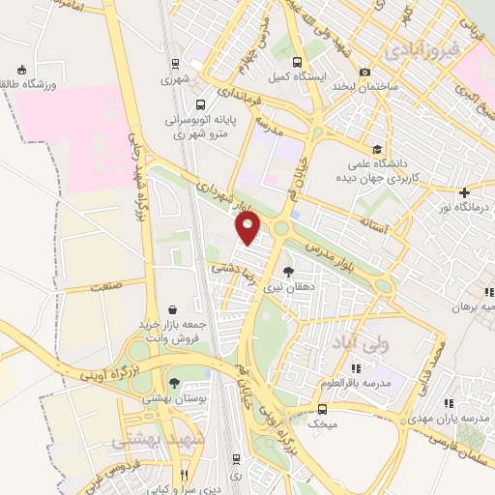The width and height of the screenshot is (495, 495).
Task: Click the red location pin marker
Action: click(248, 229)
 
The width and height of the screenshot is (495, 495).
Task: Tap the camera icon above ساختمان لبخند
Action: click(364, 73)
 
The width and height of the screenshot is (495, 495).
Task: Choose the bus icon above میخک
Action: click(323, 408)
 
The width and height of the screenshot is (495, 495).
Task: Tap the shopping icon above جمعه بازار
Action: click(172, 309)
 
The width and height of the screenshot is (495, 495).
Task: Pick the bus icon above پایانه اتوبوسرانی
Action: click(199, 105)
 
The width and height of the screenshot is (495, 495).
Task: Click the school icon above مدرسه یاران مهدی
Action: click(447, 402)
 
